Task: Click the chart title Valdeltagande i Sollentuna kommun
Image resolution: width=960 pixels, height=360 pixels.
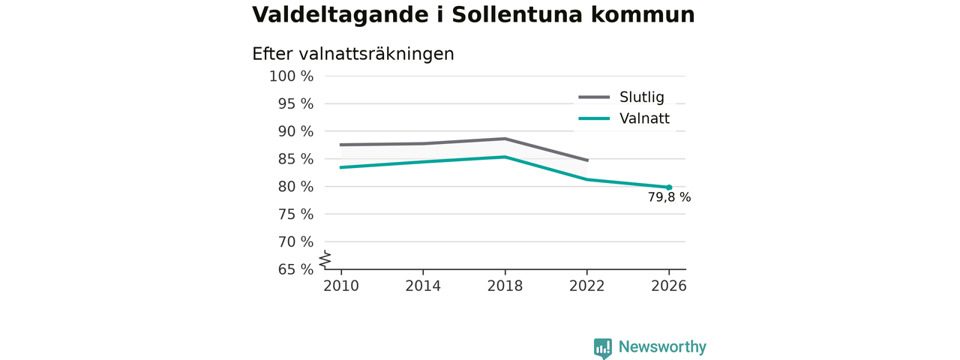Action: pyautogui.click(x=473, y=15)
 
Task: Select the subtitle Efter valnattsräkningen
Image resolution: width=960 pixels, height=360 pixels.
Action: pyautogui.click(x=352, y=55)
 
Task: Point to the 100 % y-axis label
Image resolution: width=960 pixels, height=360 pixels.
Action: pyautogui.click(x=292, y=76)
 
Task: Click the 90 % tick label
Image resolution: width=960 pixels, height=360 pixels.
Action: pyautogui.click(x=295, y=131)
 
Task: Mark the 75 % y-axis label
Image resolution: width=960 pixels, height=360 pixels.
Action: pyautogui.click(x=295, y=214)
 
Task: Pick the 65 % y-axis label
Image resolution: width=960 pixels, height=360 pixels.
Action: pyautogui.click(x=295, y=269)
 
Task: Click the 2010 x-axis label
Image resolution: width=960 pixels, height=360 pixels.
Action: pyautogui.click(x=341, y=286)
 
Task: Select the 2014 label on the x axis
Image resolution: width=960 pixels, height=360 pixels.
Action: pyautogui.click(x=423, y=286)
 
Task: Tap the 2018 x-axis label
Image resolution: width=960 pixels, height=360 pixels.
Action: pyautogui.click(x=505, y=286)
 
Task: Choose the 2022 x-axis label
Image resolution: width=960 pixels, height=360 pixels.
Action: pyautogui.click(x=586, y=286)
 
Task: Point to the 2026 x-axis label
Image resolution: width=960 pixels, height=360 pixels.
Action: pyautogui.click(x=668, y=286)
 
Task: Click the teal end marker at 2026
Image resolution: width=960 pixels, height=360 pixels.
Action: pyautogui.click(x=669, y=187)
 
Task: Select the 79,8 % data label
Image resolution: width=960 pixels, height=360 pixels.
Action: pyautogui.click(x=670, y=197)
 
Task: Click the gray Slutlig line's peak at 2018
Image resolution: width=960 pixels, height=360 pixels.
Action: pyautogui.click(x=505, y=139)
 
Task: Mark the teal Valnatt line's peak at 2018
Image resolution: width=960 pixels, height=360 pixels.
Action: pyautogui.click(x=505, y=157)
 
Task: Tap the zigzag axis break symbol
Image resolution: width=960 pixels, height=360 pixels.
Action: pyautogui.click(x=325, y=259)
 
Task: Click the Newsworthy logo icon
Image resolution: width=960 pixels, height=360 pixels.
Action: pyautogui.click(x=602, y=348)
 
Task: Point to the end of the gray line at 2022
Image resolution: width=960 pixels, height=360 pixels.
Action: pyautogui.click(x=587, y=160)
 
